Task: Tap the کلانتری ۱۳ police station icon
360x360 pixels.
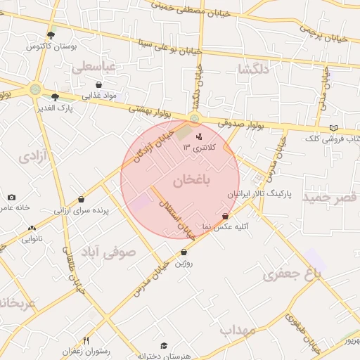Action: coord(199,136)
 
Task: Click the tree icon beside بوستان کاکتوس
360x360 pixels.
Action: coord(50,34)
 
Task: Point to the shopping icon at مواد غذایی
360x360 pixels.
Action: coord(98,84)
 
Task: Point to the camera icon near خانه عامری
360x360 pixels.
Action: coord(11,198)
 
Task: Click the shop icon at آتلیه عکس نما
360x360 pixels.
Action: coord(225,217)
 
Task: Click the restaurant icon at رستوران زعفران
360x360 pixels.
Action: coord(86,340)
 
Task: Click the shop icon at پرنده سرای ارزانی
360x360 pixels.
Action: coord(82,200)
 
